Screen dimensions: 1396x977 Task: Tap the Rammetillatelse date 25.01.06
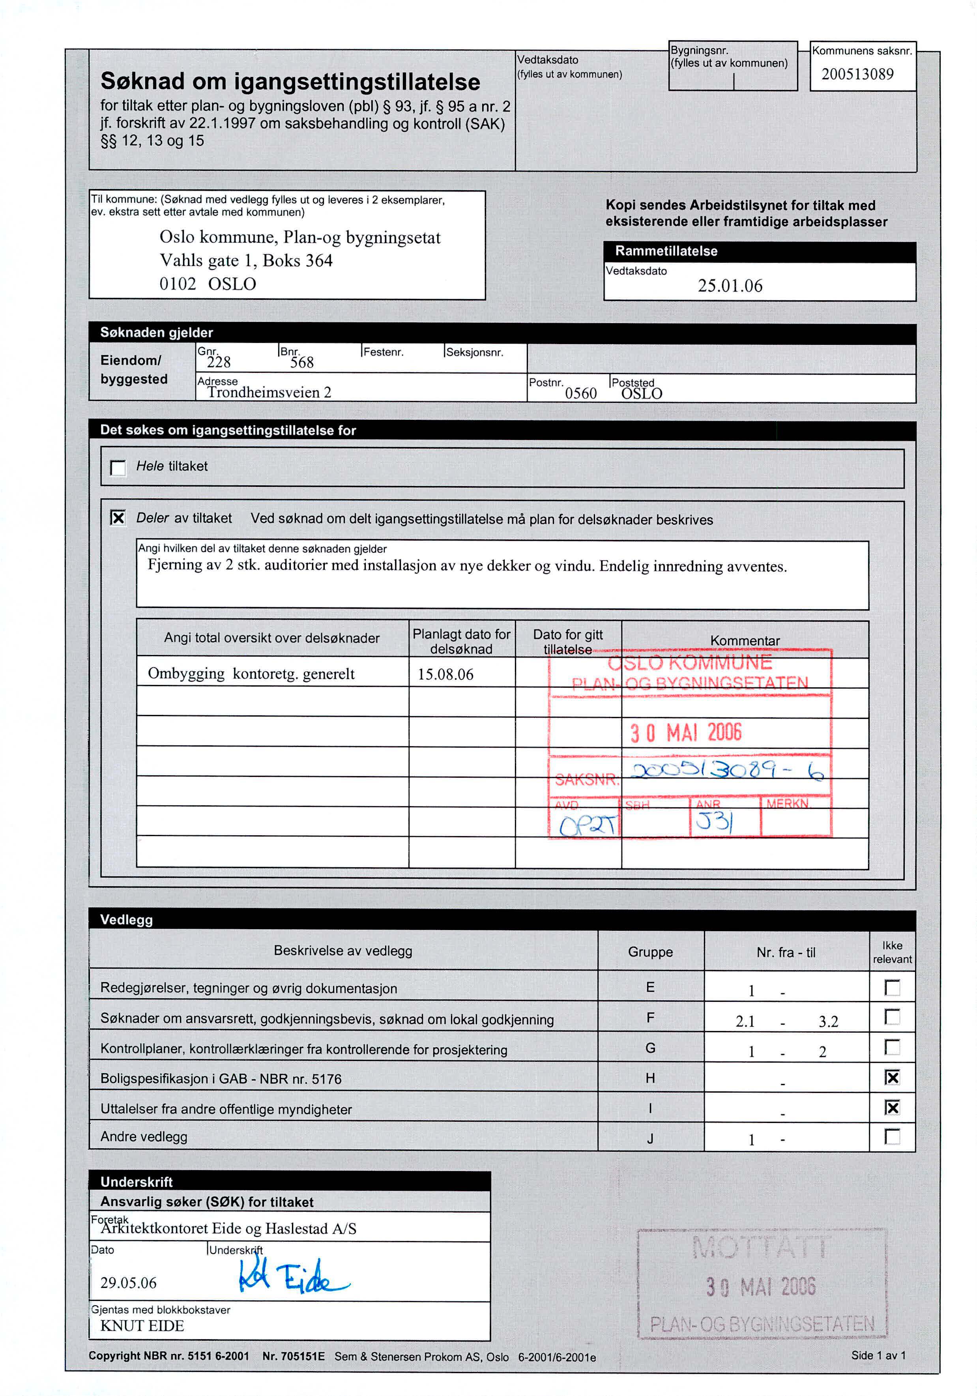pos(730,286)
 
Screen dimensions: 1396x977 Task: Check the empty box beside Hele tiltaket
pos(118,468)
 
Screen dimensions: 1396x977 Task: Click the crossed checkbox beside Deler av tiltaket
pos(118,518)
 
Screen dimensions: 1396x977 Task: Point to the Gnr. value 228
pos(219,362)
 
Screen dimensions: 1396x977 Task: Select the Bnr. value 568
pos(301,362)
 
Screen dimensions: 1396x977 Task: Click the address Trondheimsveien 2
pos(270,392)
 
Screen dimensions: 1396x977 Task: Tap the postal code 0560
pos(580,393)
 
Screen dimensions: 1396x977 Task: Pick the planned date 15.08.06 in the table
pos(445,674)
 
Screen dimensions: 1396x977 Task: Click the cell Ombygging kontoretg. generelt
pos(251,674)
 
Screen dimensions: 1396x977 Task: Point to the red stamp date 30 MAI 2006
pos(686,733)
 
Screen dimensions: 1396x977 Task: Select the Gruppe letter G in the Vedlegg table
pos(650,1048)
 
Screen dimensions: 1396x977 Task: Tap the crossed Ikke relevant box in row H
pos(892,1078)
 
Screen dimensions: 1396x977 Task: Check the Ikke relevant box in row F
pos(892,1016)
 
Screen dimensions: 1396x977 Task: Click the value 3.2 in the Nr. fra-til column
pos(828,1022)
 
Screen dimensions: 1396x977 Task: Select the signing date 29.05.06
pos(128,1283)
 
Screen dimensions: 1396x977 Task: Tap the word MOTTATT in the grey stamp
pos(760,1248)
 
